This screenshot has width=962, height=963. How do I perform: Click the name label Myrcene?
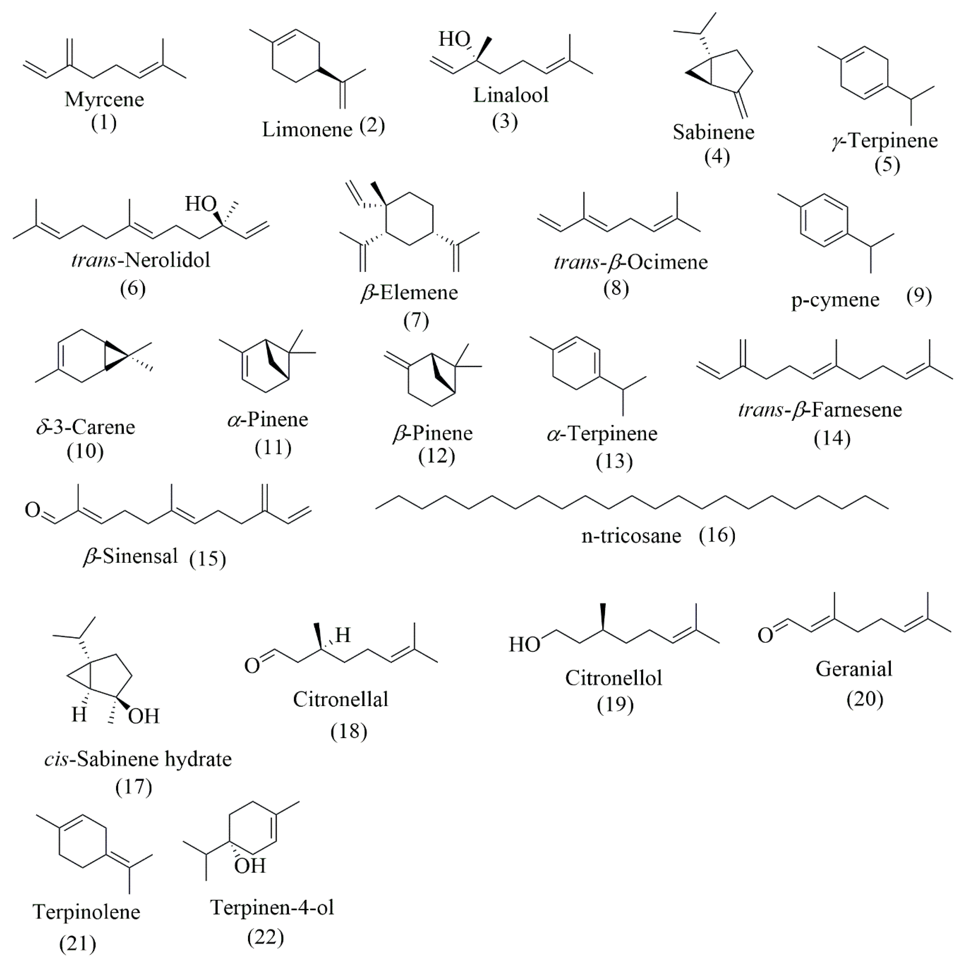(x=104, y=100)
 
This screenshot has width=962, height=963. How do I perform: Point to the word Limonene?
(x=307, y=129)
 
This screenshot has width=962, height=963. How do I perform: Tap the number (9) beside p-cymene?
(x=919, y=296)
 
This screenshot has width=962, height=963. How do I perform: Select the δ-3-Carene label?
(x=86, y=427)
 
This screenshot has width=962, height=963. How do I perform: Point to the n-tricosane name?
(x=631, y=536)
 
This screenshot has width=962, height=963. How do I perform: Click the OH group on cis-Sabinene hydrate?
(x=144, y=716)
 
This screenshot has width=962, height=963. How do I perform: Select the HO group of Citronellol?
(x=524, y=644)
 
